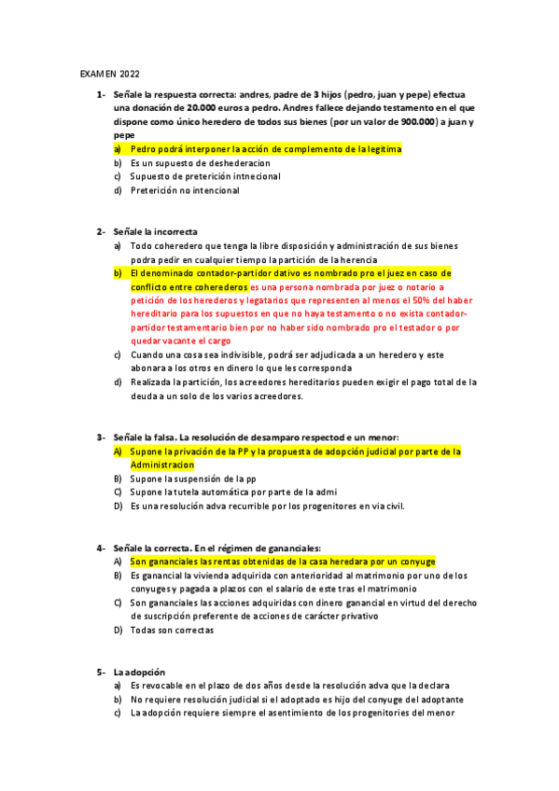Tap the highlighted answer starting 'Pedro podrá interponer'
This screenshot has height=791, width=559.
click(x=265, y=148)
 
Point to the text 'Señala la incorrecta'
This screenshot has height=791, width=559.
click(x=155, y=231)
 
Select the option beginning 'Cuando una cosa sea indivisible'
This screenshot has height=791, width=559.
click(x=280, y=355)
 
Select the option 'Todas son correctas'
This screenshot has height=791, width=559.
click(x=172, y=630)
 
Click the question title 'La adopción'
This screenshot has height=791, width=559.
click(x=139, y=672)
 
